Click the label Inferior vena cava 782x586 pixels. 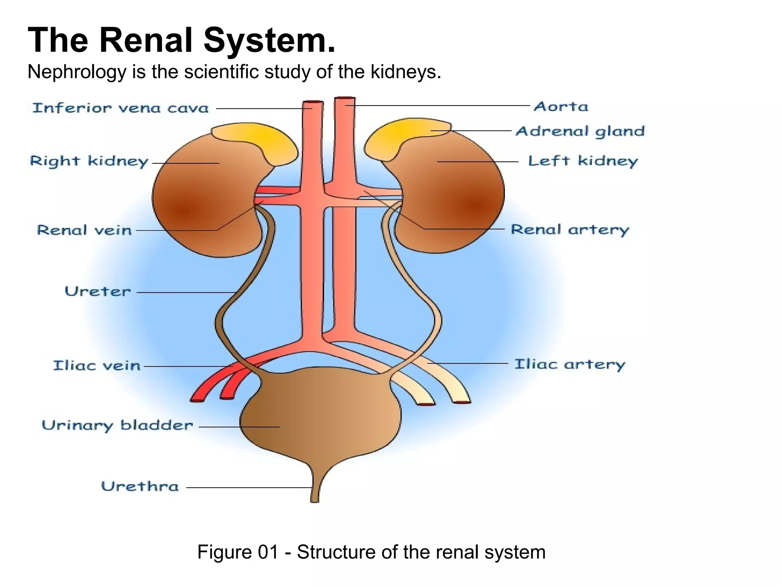(120, 108)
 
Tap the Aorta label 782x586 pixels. (561, 106)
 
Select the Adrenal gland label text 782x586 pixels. (580, 131)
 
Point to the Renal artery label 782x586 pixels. (569, 230)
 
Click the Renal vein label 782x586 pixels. (84, 230)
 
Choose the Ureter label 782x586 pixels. (98, 291)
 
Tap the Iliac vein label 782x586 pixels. (97, 365)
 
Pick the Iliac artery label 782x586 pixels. (569, 364)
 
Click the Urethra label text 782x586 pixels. (140, 486)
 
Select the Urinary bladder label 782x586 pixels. (117, 425)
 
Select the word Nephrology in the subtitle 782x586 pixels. (77, 72)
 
